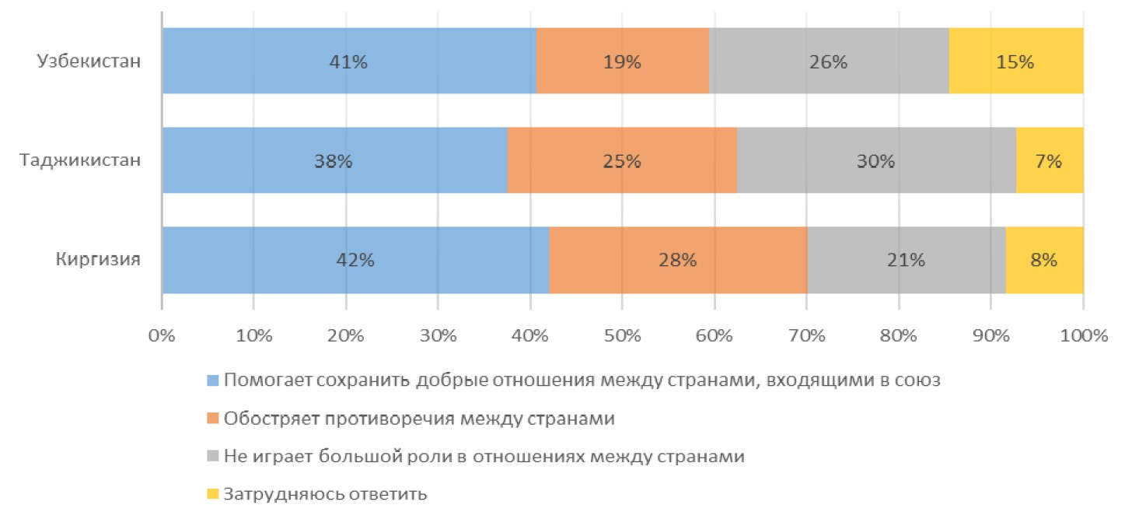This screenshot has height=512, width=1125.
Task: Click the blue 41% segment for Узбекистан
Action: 349,61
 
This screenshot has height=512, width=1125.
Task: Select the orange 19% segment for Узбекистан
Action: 622,61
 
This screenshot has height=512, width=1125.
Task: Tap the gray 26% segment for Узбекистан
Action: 829,61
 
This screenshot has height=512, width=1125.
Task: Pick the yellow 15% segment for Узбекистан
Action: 1015,61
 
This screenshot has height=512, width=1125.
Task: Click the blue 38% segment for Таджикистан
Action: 334,161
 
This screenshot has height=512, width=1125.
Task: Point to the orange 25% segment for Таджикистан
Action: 622,161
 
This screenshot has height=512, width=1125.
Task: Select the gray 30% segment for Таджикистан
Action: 876,161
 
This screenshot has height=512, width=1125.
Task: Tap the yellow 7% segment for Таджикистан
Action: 1049,161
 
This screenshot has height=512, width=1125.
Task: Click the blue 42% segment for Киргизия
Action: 355,260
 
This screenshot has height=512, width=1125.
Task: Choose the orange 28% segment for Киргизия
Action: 677,260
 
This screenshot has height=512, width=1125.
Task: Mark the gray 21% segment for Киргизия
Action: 906,260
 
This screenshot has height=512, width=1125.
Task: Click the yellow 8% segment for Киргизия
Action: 1044,260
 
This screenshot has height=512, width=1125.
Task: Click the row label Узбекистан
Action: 89,61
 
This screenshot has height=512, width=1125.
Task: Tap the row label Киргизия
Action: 98,260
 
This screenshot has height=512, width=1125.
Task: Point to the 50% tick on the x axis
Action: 622,337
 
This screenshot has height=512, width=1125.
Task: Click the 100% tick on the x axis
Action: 1082,337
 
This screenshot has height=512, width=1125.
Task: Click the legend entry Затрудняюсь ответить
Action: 325,494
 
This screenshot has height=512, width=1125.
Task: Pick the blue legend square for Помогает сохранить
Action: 213,381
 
